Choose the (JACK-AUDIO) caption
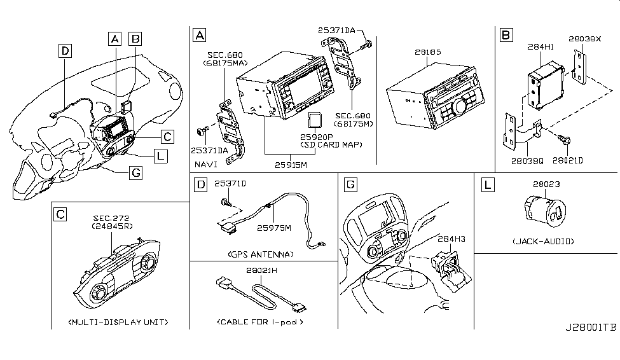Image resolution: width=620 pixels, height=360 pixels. pyautogui.click(x=544, y=242)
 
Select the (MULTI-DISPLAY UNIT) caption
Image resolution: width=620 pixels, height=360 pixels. pyautogui.click(x=118, y=322)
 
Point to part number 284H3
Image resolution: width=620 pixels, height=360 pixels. pyautogui.click(x=450, y=239)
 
